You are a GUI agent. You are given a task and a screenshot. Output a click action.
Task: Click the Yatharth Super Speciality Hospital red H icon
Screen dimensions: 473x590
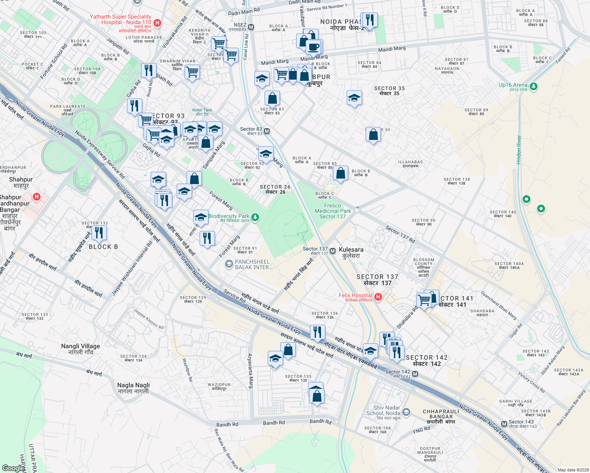[x=157, y=23]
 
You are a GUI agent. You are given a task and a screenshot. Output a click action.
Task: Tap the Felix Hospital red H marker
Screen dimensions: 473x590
[x=378, y=297]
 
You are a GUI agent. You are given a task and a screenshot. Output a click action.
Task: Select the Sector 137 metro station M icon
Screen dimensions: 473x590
[x=332, y=251]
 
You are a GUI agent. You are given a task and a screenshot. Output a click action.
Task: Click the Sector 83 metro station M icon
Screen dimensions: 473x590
[x=267, y=131]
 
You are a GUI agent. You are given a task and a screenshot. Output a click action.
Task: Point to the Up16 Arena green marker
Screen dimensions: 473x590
[x=534, y=86]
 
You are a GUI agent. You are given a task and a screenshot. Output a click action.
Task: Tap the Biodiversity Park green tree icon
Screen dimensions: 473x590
[x=255, y=217]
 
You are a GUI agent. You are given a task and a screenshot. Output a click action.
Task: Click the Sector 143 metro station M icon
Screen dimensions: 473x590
[x=504, y=424]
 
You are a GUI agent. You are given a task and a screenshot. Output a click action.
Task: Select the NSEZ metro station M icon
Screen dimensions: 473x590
[x=251, y=27]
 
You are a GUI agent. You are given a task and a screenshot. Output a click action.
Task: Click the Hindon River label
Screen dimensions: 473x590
[x=519, y=150]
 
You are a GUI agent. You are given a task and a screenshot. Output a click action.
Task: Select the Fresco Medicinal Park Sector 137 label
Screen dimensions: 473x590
[x=332, y=211]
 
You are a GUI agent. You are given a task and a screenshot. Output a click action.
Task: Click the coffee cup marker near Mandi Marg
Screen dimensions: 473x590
[x=314, y=47]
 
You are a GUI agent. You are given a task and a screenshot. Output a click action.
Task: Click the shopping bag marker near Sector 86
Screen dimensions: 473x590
[x=373, y=135]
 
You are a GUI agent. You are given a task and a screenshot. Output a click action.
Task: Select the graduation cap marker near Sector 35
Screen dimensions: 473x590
[x=354, y=98]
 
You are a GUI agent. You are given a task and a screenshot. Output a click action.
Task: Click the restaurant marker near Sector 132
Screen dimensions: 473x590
[x=99, y=233]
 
